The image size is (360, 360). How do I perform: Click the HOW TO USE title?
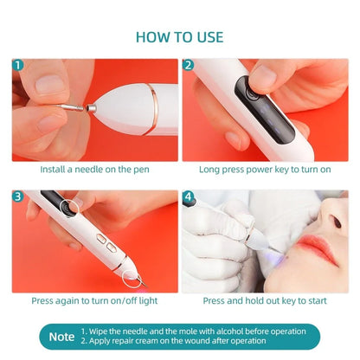tap(180, 37)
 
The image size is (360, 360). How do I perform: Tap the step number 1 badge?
tap(19, 65)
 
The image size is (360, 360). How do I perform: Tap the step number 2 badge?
tap(189, 65)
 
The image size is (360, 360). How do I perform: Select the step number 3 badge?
tap(19, 196)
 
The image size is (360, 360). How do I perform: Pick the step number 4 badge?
tap(189, 196)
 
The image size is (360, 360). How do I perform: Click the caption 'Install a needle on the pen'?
tap(96, 170)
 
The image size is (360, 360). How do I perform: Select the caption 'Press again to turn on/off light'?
tap(96, 301)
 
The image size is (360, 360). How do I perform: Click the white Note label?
tap(61, 336)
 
